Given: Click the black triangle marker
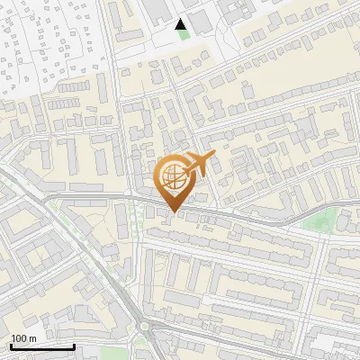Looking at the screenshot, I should click(181, 23).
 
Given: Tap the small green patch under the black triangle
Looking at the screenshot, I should click(183, 35).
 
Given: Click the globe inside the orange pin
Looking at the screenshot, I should click(172, 176).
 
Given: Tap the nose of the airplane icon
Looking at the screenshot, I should click(214, 157).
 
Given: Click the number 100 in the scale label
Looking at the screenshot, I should click(19, 338).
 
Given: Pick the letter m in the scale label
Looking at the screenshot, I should click(32, 338).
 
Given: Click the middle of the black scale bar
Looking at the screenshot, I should click(42, 346).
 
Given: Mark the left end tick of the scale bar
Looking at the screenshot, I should click(11, 345).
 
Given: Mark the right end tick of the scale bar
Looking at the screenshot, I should click(74, 345).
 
